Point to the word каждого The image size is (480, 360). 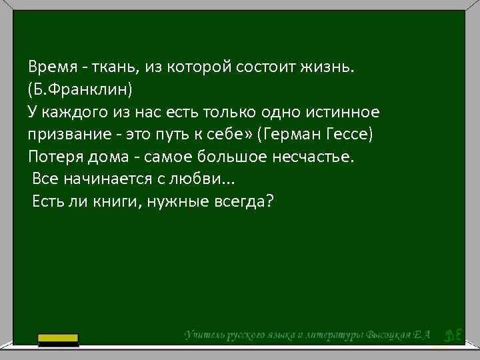pos(77,111)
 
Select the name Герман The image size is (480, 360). pos(295,134)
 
